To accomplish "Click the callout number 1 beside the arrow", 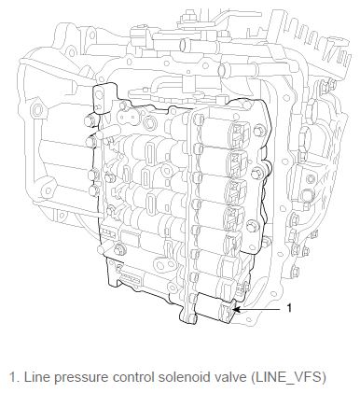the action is pyautogui.click(x=289, y=308).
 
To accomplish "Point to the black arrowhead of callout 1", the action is pyautogui.click(x=236, y=309).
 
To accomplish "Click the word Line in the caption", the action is pyautogui.click(x=35, y=377).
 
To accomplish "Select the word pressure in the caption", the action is pyautogui.click(x=77, y=378).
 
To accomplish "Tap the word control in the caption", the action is pyautogui.click(x=133, y=377).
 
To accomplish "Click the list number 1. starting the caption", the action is pyautogui.click(x=15, y=377).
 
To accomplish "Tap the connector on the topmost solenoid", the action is pyautogui.click(x=240, y=133).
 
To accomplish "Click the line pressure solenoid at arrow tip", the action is pyautogui.click(x=215, y=308).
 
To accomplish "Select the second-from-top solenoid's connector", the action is pyautogui.click(x=238, y=162).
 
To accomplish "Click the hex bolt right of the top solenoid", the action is pyautogui.click(x=259, y=131).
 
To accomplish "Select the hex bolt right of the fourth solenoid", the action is pyautogui.click(x=253, y=227).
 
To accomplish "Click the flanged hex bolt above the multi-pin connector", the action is pyautogui.click(x=119, y=249).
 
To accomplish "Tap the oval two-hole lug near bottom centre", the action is pyautogui.click(x=165, y=265).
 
